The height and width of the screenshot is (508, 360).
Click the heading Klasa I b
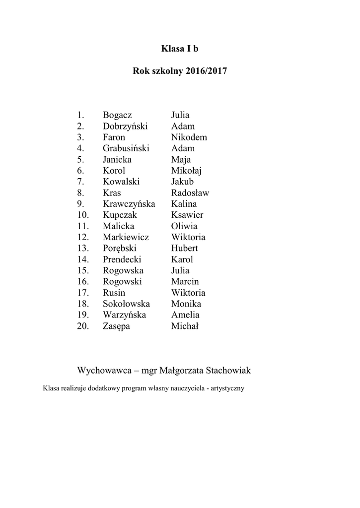pyautogui.click(x=180, y=49)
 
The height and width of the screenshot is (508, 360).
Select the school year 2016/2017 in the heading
pyautogui.click(x=207, y=71)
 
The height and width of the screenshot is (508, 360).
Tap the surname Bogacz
pyautogui.click(x=118, y=115)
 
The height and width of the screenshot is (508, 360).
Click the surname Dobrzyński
pyautogui.click(x=126, y=126)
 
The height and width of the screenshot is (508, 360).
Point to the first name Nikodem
pyautogui.click(x=189, y=137)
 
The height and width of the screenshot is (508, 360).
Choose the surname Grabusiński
pyautogui.click(x=126, y=148)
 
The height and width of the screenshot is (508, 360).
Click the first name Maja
pyautogui.click(x=181, y=160)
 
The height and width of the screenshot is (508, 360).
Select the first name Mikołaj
pyautogui.click(x=187, y=171)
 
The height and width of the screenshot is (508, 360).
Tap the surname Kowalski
pyautogui.click(x=121, y=182)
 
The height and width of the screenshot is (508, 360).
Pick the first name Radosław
pyautogui.click(x=190, y=193)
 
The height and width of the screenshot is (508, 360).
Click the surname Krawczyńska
pyautogui.click(x=129, y=204)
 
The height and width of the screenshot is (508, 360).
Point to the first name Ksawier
pyautogui.click(x=187, y=215)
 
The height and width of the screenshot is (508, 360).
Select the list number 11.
pyautogui.click(x=83, y=226)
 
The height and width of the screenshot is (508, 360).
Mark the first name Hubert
pyautogui.click(x=185, y=248)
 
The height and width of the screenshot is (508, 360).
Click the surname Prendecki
pyautogui.click(x=122, y=259)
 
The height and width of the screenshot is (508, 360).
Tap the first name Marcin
pyautogui.click(x=185, y=282)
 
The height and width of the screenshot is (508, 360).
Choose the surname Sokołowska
pyautogui.click(x=126, y=304)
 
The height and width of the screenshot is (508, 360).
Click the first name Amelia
pyautogui.click(x=185, y=315)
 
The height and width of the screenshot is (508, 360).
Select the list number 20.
pyautogui.click(x=83, y=326)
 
